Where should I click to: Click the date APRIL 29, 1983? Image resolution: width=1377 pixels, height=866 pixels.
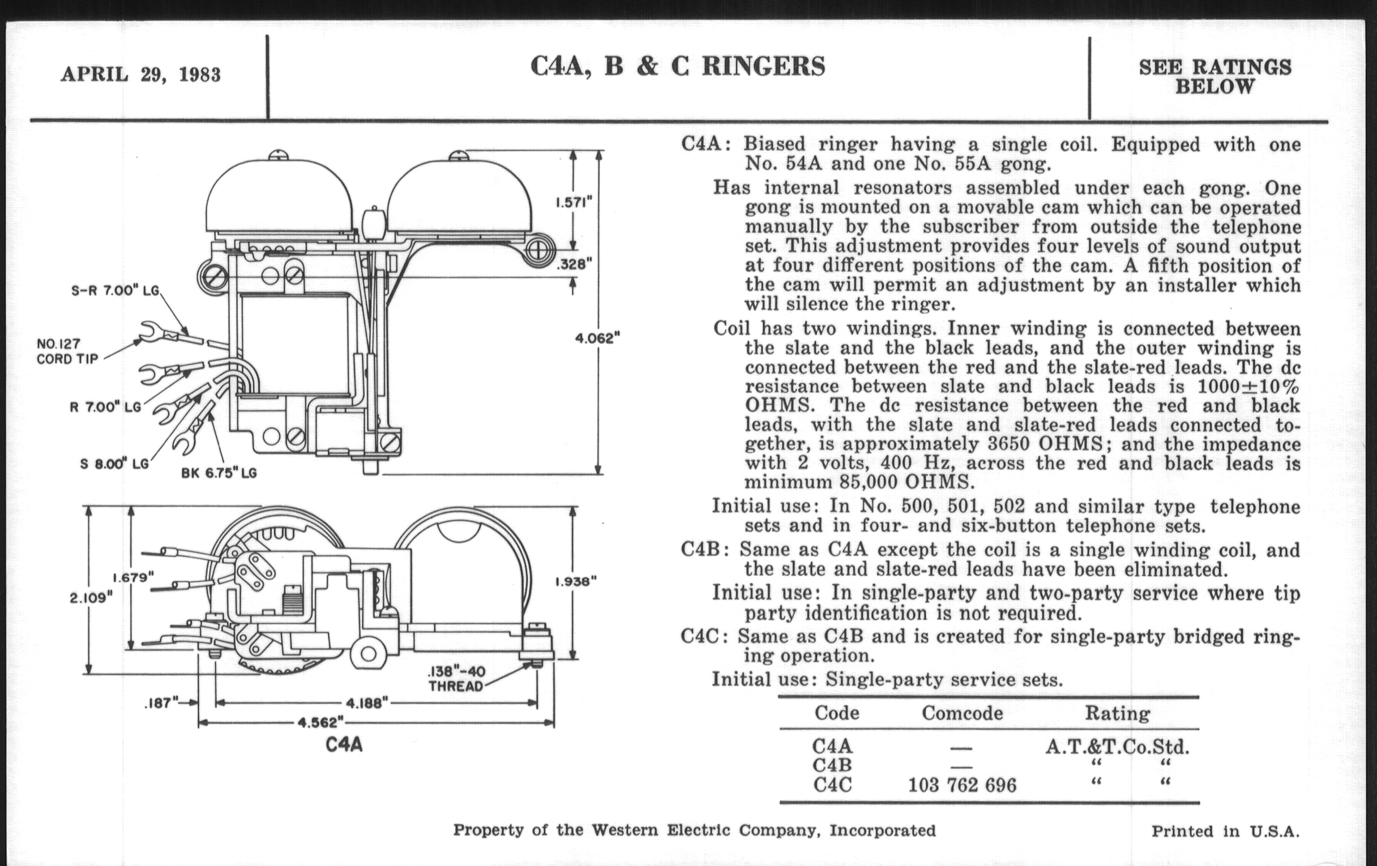[140, 75]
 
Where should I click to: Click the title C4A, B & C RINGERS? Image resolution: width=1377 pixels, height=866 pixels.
[678, 66]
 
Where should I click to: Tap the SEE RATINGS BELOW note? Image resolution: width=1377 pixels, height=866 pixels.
[1215, 76]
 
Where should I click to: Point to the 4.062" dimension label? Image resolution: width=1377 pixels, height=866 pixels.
[597, 338]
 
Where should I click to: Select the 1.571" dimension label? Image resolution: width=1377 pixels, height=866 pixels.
[574, 203]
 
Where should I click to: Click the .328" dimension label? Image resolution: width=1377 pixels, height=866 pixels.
[574, 264]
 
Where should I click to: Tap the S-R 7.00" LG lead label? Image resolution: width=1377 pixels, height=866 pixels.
[114, 290]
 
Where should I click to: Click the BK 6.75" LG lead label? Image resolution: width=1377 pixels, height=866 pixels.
[219, 473]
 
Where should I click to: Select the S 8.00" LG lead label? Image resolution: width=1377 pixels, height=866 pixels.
[114, 464]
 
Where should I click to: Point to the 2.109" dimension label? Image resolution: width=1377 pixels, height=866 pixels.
[92, 598]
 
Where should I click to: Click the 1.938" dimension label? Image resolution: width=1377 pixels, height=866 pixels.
[576, 582]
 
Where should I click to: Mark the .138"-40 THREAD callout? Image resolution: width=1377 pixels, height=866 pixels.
[456, 679]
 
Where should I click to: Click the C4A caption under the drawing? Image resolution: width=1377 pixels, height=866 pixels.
[344, 745]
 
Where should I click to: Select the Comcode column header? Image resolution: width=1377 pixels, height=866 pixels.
[962, 713]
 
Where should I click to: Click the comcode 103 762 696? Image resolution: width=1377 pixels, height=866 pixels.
[962, 786]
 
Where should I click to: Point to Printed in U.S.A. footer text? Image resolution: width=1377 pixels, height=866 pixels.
[1225, 831]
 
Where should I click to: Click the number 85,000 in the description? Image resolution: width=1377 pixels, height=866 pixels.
[869, 482]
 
